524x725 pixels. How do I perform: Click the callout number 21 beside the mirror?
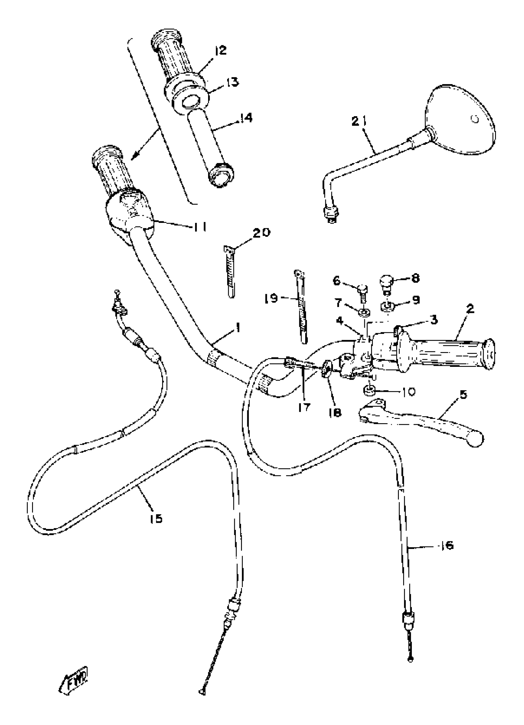359,121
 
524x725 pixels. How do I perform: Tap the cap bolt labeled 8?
386,282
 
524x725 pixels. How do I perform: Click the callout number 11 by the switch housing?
199,227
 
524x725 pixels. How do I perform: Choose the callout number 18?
334,412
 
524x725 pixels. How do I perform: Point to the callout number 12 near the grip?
221,50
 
